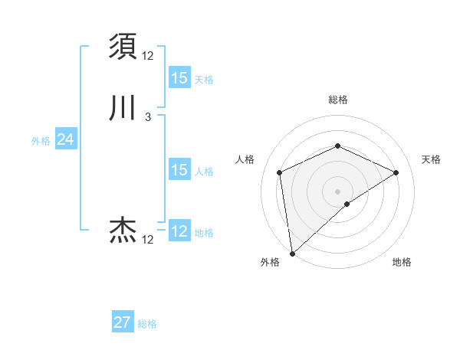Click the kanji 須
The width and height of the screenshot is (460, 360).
pyautogui.click(x=123, y=46)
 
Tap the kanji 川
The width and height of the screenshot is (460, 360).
pyautogui.click(x=123, y=107)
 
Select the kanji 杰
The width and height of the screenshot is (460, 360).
pyautogui.click(x=123, y=229)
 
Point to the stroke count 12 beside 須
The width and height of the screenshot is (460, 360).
pyautogui.click(x=147, y=56)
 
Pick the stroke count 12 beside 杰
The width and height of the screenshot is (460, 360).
pyautogui.click(x=147, y=240)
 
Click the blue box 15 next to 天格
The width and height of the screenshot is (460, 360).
pyautogui.click(x=179, y=78)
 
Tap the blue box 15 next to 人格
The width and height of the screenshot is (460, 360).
pyautogui.click(x=179, y=170)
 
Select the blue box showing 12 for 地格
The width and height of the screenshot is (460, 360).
pyautogui.click(x=179, y=231)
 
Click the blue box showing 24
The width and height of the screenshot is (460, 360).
pyautogui.click(x=65, y=139)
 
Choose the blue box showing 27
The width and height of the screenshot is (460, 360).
pyautogui.click(x=123, y=322)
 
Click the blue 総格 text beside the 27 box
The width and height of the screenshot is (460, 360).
pyautogui.click(x=147, y=324)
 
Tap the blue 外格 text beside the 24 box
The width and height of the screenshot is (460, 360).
pyautogui.click(x=41, y=141)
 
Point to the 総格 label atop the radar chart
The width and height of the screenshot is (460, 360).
pyautogui.click(x=337, y=100)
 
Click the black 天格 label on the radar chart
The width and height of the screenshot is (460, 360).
pyautogui.click(x=431, y=159)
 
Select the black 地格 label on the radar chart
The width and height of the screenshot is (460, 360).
pyautogui.click(x=402, y=262)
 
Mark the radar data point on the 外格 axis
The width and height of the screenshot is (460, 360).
pyautogui.click(x=291, y=253)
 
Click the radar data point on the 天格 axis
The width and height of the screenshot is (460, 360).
pyautogui.click(x=396, y=172)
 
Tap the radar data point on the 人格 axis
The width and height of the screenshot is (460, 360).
pyautogui.click(x=280, y=172)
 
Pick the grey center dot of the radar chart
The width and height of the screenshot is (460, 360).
pyautogui.click(x=337, y=191)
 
